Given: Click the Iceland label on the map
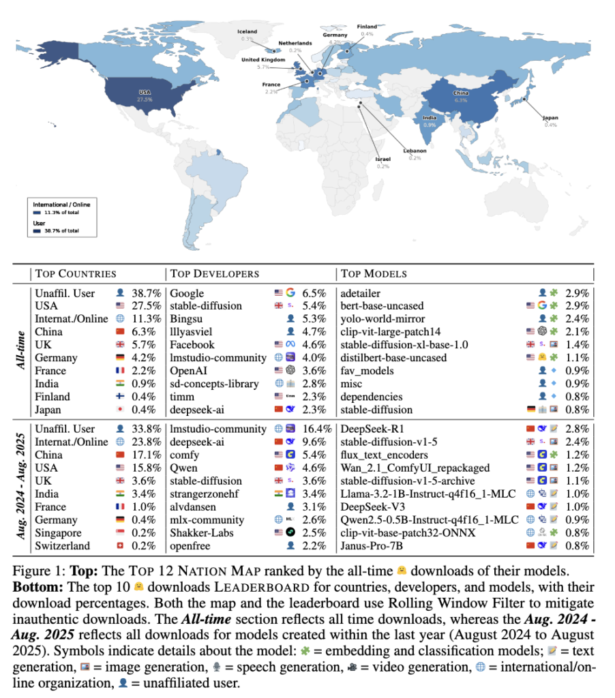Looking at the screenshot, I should pos(247,31).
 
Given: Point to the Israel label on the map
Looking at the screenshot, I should pos(382,159).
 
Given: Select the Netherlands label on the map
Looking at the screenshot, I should pos(295,43).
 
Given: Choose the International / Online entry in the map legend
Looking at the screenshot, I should pos(62,204).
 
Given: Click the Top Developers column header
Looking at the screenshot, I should pos(214,273).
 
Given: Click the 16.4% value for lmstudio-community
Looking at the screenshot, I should pos(317,429).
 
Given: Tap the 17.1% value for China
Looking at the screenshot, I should pos(147,455).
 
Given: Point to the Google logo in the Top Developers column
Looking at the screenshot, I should pos(290,293).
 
